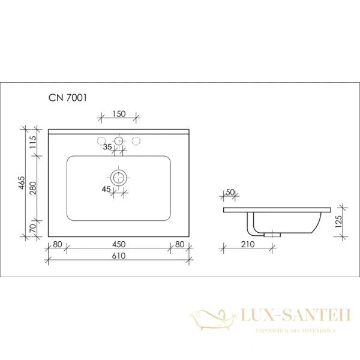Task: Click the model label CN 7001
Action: [x=68, y=98]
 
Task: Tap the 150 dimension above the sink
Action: [x=119, y=114]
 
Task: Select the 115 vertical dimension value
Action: [x=33, y=142]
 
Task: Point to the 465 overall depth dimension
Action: [x=21, y=183]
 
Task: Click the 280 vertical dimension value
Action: [x=33, y=188]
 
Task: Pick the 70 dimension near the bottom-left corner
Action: [x=33, y=228]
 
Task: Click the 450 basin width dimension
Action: [x=119, y=244]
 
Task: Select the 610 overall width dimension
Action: [x=119, y=256]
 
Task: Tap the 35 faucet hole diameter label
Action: [x=107, y=147]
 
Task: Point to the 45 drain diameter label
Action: [x=106, y=189]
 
